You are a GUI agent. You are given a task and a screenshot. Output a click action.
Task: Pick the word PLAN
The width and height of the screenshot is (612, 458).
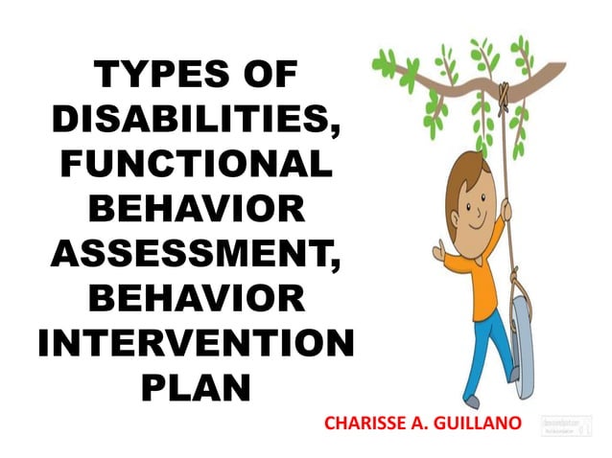pyautogui.click(x=197, y=387)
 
